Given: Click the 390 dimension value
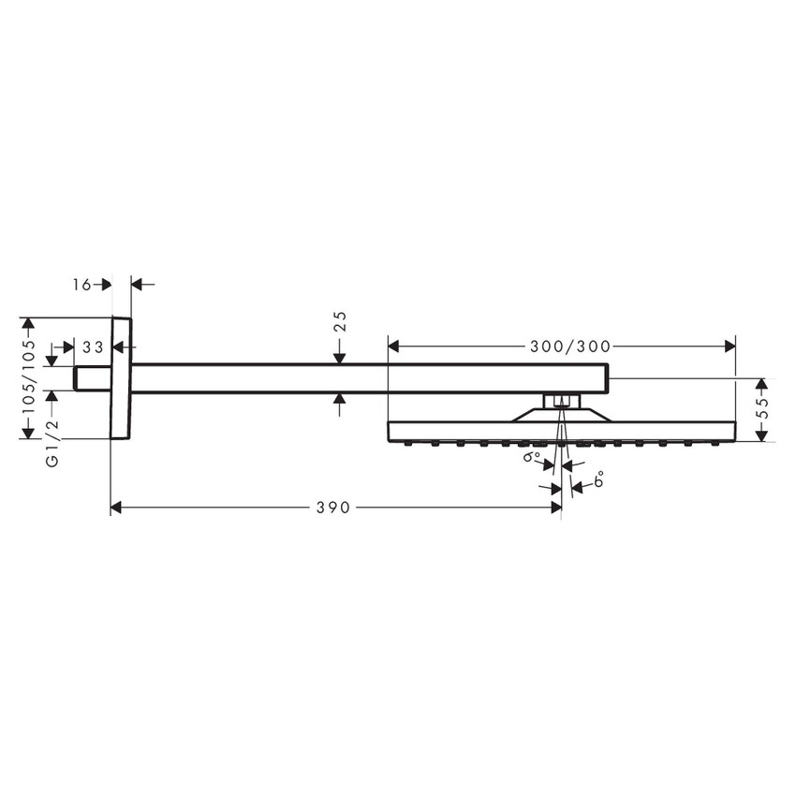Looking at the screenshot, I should tap(332, 508).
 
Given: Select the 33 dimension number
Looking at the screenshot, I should tap(92, 347).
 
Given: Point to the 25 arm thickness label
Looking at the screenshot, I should tap(341, 321).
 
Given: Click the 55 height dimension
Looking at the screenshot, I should tap(762, 409).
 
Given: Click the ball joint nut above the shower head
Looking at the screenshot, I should tap(560, 402).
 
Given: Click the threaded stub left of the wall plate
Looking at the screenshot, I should tap(92, 377).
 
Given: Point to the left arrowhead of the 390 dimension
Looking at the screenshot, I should tap(117, 508).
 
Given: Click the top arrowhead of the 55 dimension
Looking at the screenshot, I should tap(762, 384).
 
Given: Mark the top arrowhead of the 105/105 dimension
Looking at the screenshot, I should tap(28, 324).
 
